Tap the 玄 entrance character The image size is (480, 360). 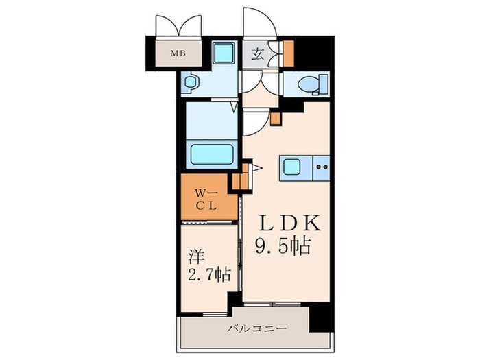[x=256, y=54]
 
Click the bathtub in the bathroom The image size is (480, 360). [x=212, y=154]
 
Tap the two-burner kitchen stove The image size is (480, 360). [x=322, y=167]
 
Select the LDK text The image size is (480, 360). [x=289, y=225]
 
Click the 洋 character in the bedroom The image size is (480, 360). [x=196, y=257]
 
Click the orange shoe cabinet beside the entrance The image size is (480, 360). [x=289, y=53]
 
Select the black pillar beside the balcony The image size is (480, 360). [x=320, y=317]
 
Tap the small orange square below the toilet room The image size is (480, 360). [x=276, y=117]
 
